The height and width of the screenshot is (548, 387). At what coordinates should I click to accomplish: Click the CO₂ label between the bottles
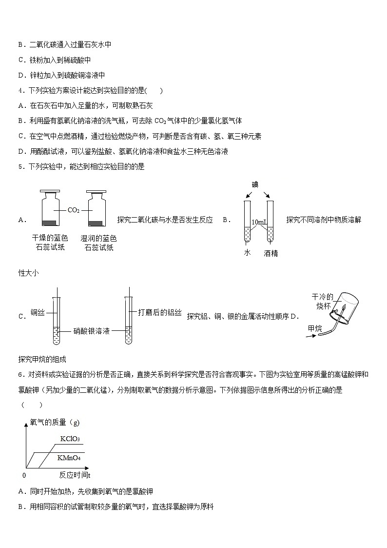pos(74,210)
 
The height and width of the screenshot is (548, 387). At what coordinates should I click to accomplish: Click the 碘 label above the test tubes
pos(255,184)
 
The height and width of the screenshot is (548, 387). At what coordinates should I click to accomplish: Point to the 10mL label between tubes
pos(259,223)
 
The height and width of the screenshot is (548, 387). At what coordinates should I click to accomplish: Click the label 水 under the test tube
pos(247,253)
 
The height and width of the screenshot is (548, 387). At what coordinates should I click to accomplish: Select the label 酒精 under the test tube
pos(271,253)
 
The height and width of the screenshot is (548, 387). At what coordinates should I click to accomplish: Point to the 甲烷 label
pos(315,328)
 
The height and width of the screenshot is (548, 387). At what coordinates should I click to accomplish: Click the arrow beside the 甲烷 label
pos(314,336)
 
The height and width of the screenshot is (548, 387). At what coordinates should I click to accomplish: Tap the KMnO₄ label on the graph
pos(68,458)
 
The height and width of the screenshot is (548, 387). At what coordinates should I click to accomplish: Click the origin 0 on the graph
pos(24,475)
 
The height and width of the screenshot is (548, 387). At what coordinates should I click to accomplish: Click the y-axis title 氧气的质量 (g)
pos(55,422)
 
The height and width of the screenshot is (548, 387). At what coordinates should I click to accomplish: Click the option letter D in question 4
pos(20,151)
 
